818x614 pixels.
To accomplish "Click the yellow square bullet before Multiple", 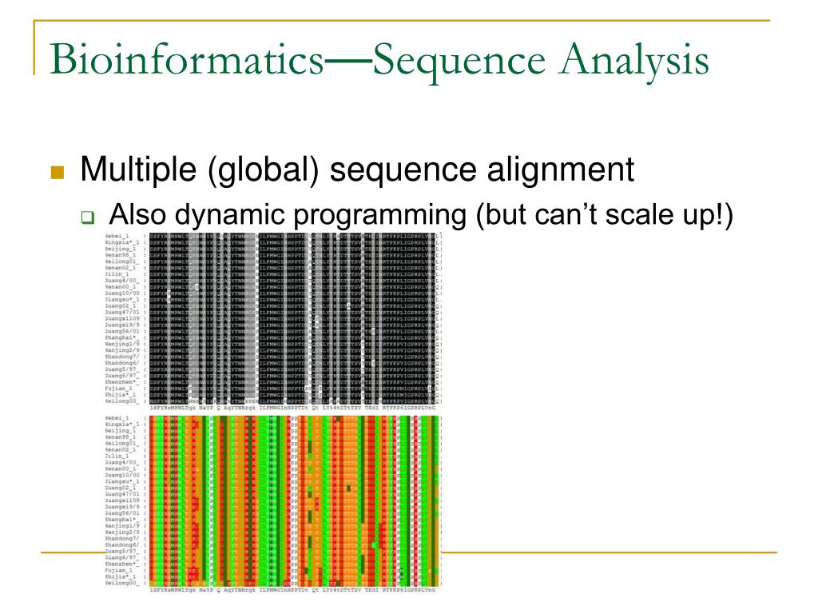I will [57, 173].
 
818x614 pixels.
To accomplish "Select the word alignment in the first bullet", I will [553, 171].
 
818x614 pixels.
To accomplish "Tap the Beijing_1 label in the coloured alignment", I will [121, 430].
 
